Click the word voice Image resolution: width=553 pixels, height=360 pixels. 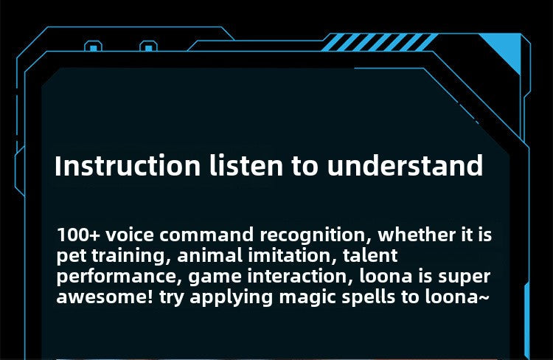coord(131,236)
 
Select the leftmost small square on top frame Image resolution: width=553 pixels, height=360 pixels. coord(93,49)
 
